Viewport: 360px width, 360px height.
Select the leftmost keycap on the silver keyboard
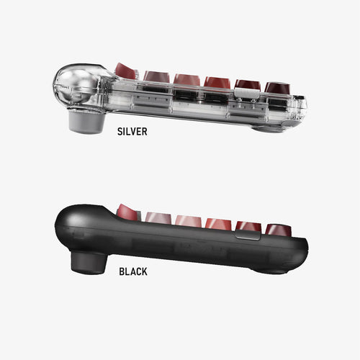click(125, 71)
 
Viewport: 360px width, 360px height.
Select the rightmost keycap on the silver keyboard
click(276, 87)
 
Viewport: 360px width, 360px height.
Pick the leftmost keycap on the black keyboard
click(127, 212)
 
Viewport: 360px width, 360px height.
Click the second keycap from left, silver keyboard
click(156, 76)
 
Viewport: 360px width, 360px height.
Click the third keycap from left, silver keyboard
click(186, 79)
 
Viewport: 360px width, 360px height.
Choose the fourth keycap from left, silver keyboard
click(217, 82)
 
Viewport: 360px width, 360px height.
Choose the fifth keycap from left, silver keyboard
click(248, 85)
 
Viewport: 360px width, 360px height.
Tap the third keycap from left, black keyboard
click(187, 220)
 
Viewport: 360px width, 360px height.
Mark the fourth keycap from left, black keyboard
click(217, 223)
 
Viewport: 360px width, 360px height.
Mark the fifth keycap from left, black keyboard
click(248, 227)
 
